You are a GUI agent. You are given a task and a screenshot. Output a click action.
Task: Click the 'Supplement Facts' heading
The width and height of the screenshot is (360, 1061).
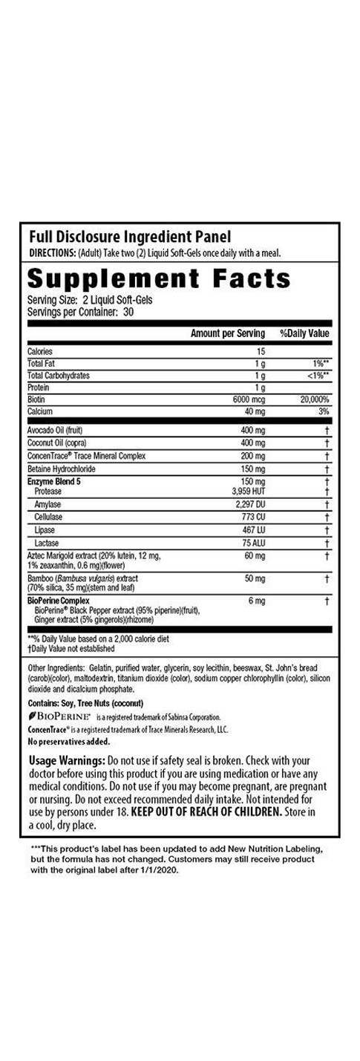pos(159,279)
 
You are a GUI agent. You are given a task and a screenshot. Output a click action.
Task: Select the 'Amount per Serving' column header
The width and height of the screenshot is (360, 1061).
pos(228,334)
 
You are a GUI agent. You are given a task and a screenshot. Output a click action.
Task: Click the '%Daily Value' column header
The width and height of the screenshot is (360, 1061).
pos(304,334)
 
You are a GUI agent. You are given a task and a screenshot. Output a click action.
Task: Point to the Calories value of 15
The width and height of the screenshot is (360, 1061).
pos(261,351)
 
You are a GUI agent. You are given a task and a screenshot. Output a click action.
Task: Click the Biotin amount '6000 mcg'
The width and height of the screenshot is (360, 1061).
pos(249,399)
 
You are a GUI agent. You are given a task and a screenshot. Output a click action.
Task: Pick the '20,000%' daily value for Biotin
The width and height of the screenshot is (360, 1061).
pos(312,399)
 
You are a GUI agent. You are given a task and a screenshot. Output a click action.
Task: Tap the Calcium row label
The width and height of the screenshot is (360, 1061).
pos(40,411)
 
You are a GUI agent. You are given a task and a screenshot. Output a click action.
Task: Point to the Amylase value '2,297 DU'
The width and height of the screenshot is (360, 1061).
pos(249,504)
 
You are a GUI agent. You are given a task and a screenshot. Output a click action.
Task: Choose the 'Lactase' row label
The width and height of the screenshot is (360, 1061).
pos(46,543)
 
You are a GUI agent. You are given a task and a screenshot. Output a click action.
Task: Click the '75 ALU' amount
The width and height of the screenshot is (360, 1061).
pos(255,543)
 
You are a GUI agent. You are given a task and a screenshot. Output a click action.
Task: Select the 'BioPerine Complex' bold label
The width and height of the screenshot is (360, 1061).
pos(59,600)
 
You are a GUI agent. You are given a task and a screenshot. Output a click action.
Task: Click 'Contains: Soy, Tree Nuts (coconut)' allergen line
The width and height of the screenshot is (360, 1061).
pos(85,703)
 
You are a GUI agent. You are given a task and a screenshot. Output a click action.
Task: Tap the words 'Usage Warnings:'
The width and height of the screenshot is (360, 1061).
pos(67,761)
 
